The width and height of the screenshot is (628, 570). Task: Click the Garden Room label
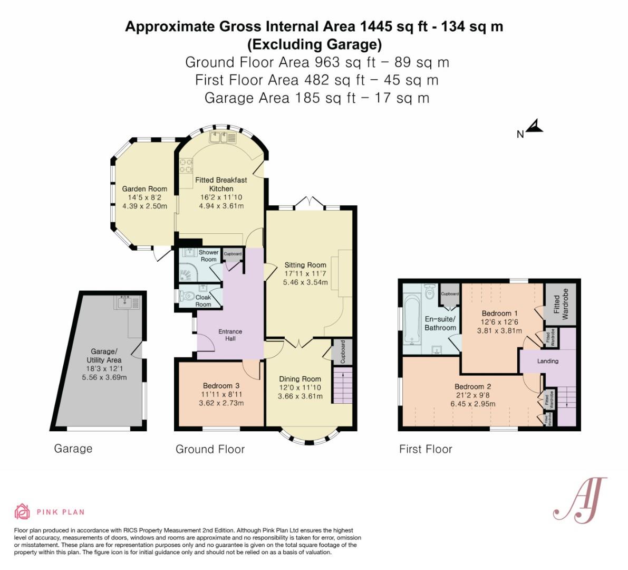[144, 188]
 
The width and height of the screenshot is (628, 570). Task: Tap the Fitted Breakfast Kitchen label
[221, 184]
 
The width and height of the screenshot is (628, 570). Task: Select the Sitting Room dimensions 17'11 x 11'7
[305, 274]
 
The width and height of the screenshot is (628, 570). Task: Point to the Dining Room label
[300, 378]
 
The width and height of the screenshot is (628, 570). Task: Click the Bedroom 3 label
[221, 385]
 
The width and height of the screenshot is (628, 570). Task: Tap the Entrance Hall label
[230, 335]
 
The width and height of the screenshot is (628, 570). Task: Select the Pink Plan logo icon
[22, 511]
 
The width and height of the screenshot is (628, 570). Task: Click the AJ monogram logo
[579, 498]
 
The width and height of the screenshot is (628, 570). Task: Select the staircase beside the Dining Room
[342, 388]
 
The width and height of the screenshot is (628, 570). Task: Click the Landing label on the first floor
[547, 361]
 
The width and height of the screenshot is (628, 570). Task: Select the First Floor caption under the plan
[426, 449]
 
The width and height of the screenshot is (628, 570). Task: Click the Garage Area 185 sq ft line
[316, 98]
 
